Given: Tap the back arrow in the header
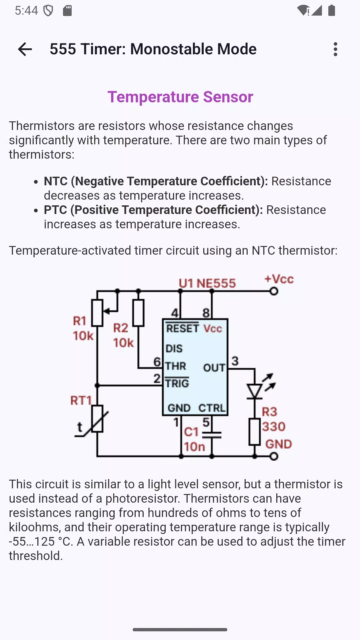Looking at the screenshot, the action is pos(25,49).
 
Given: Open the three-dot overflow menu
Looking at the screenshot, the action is pos(335,49).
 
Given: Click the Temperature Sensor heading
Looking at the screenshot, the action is pos(180,97).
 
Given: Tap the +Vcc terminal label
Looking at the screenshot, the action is pos(279,279).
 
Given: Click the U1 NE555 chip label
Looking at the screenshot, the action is pos(207,283).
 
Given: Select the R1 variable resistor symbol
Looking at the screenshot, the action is pos(97,313).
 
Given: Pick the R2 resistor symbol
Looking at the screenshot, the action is pos(138,313).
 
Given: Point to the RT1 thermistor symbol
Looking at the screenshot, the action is pos(97,419).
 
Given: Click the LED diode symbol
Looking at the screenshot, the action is pos(255,391).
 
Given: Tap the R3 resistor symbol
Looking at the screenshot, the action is pos(255,432).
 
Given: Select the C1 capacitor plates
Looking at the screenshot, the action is pos(212,435).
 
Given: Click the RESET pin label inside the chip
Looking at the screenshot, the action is pos(182,328).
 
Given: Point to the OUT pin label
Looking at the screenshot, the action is pos(214,368).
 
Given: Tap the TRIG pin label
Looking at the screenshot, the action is pos(177,383).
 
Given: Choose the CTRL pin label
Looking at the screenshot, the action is pos(212,408).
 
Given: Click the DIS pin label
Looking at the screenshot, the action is pos(174,349).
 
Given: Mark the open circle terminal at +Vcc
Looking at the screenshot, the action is pos(274,291).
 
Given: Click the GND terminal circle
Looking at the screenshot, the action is pos(274,456).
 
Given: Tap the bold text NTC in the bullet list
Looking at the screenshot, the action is pos(56,181).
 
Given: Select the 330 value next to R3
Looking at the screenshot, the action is pos(274,427).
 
